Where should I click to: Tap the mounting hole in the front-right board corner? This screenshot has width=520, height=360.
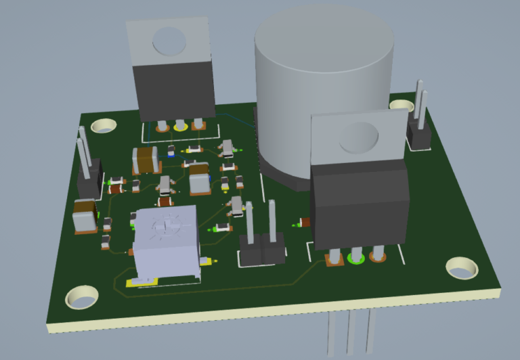[x=462, y=268]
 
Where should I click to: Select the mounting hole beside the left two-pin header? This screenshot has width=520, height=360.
[x=104, y=126]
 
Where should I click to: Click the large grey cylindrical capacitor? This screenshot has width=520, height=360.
[x=324, y=88]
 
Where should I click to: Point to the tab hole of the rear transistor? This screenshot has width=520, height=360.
[x=169, y=41]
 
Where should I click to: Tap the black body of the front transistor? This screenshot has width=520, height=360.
[x=359, y=206]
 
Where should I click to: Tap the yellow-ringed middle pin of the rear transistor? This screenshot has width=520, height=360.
[x=179, y=125]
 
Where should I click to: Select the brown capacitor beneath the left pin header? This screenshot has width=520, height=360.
[x=85, y=215]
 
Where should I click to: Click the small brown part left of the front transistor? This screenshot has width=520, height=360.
[x=304, y=222]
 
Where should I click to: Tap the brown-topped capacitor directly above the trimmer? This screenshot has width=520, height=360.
[x=199, y=181]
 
